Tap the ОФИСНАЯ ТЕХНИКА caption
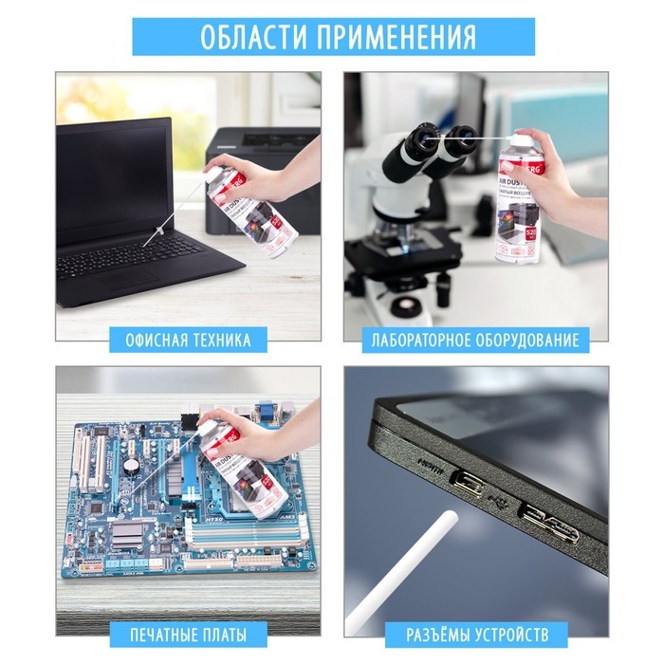click(188, 340)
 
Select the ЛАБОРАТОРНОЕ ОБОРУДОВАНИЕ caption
click(474, 340)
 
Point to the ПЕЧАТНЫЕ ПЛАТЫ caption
click(188, 634)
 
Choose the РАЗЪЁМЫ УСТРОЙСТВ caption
click(475, 634)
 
